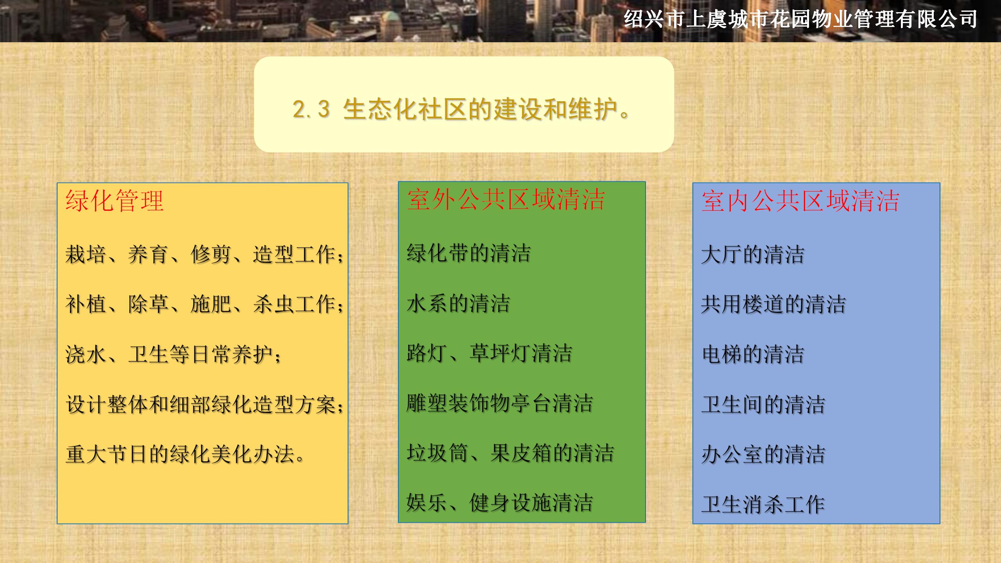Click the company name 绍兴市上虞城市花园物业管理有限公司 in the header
[x=800, y=19]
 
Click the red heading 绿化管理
[x=115, y=201]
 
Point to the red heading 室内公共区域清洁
[x=800, y=201]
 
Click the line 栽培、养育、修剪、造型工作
[x=205, y=255]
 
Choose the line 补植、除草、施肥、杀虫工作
[x=205, y=304]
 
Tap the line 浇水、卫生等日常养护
[x=173, y=354]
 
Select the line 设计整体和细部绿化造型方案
[x=205, y=404]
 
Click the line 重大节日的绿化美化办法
[x=185, y=454]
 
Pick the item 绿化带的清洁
[x=468, y=253]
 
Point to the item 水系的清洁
[x=458, y=303]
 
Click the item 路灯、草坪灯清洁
[x=489, y=353]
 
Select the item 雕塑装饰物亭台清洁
[x=500, y=403]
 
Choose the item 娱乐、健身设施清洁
[x=500, y=503]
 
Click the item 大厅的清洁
[x=753, y=255]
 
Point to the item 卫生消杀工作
[x=763, y=504]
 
